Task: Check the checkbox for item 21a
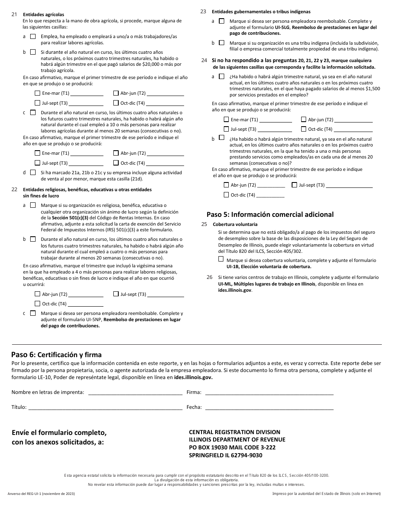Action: [x=33, y=36]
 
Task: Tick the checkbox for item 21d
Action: [x=33, y=173]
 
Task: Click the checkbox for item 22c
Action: [x=33, y=313]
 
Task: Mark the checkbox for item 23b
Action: [x=222, y=43]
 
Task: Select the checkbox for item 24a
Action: [x=222, y=77]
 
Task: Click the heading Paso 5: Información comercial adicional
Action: [x=270, y=214]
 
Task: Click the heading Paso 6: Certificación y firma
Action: [x=56, y=355]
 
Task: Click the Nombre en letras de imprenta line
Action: [x=135, y=393]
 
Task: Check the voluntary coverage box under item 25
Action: [x=221, y=259]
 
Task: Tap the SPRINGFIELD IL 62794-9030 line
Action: [x=225, y=455]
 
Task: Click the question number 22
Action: [x=14, y=190]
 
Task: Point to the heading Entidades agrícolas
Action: [x=43, y=14]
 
